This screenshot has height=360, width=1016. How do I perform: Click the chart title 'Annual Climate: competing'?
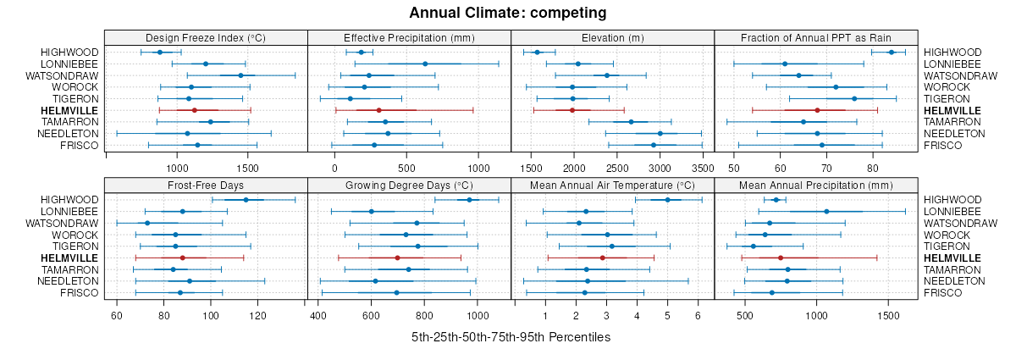click(x=507, y=13)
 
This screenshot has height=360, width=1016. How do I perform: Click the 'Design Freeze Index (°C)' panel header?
click(x=206, y=37)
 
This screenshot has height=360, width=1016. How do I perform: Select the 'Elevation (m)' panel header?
click(x=613, y=37)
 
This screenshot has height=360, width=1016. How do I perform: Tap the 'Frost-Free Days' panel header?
click(x=206, y=185)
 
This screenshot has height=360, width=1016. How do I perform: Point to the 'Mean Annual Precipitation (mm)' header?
click(x=816, y=185)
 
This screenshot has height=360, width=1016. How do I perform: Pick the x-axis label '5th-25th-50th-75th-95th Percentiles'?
click(x=511, y=337)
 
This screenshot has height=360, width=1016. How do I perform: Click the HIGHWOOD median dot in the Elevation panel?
click(x=537, y=53)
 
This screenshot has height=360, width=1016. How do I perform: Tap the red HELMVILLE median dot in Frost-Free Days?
click(x=182, y=258)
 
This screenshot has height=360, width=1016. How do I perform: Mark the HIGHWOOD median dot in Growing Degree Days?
click(x=469, y=200)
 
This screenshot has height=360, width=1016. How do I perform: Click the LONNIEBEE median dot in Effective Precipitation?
click(x=425, y=64)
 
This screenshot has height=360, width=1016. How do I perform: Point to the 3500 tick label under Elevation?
click(x=703, y=168)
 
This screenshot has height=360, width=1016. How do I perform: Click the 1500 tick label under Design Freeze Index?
click(x=247, y=168)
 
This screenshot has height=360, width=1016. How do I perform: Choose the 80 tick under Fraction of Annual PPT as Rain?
click(x=873, y=168)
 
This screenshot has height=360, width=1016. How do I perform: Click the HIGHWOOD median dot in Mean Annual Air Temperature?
click(x=667, y=200)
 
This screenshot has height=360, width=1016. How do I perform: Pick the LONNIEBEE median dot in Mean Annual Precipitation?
click(x=826, y=211)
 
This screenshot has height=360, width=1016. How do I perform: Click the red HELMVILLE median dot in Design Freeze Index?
click(x=194, y=110)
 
